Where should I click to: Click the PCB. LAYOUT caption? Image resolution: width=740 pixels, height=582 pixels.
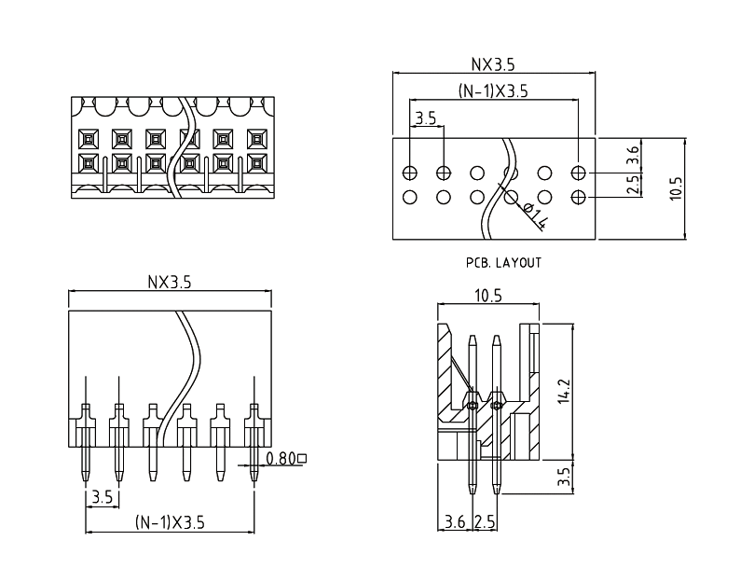coord(503,263)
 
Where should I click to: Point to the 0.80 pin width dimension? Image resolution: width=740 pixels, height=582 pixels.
coord(283,458)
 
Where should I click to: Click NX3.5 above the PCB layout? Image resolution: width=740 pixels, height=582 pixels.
coord(492,64)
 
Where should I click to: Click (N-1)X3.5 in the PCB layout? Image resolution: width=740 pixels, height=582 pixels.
coord(494,91)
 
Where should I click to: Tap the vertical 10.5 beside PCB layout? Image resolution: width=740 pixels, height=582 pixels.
coord(677,187)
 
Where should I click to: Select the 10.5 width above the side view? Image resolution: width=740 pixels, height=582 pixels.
coord(488,296)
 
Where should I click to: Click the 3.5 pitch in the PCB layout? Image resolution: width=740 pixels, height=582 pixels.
coord(426,118)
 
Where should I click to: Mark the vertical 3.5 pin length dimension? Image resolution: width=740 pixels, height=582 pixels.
coord(563,478)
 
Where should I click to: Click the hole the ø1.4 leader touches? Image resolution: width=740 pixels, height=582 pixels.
coord(512,197)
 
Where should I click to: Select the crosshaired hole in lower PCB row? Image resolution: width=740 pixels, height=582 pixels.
coord(579,197)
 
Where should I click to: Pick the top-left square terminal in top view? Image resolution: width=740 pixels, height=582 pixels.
coord(87,140)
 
